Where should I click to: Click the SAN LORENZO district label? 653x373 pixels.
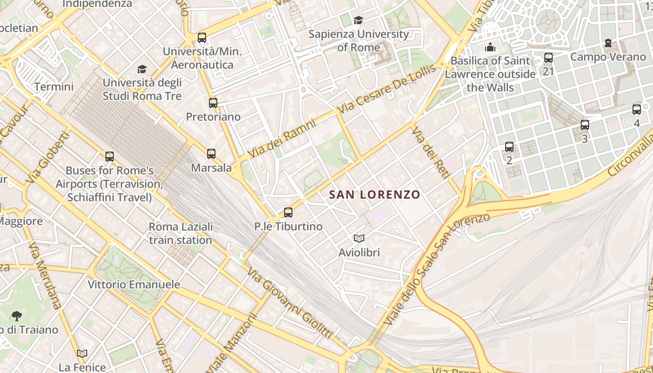tap(375, 194)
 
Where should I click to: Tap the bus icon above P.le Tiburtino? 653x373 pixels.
tap(288, 213)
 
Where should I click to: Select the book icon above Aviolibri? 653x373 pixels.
tap(359, 239)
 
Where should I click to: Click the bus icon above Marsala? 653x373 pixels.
tap(211, 153)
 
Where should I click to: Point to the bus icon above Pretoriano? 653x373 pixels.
tap(213, 103)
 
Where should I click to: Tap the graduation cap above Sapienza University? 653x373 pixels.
tap(358, 20)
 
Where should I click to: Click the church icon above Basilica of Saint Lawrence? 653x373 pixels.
tap(490, 47)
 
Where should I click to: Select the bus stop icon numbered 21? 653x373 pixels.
tap(549, 58)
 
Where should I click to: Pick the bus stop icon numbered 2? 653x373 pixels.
tap(509, 147)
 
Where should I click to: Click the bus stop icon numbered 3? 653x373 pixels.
tap(585, 125)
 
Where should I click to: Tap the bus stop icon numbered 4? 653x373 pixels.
tap(637, 110)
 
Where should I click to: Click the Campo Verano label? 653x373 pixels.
tap(608, 57)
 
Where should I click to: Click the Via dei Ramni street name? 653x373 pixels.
tap(282, 138)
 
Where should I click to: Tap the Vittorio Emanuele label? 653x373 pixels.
tap(134, 284)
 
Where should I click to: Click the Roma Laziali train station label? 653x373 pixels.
tap(181, 234)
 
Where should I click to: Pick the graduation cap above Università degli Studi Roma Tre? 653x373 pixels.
tap(142, 69)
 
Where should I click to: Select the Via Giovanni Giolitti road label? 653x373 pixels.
tap(289, 303)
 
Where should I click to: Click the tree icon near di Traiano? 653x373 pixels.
tap(17, 316)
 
